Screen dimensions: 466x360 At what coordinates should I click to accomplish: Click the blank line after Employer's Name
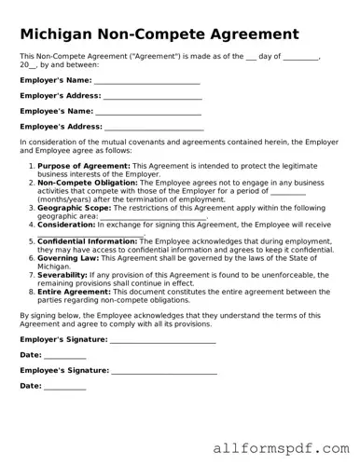click(x=146, y=81)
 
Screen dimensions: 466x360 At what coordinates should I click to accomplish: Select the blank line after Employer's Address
click(x=152, y=96)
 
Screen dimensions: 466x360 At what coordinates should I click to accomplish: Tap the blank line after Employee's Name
click(x=147, y=111)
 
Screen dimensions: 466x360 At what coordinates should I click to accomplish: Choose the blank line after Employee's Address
click(x=153, y=126)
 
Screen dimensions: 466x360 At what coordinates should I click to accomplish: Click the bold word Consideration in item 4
click(x=66, y=224)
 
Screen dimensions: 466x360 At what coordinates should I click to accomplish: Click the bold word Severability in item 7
click(x=65, y=275)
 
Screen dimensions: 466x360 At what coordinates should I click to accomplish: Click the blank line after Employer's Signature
click(x=162, y=340)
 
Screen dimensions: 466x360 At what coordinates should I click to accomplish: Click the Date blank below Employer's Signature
click(x=64, y=356)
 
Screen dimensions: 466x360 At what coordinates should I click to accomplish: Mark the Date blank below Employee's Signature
click(x=64, y=387)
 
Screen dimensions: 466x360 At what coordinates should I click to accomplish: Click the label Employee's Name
click(x=57, y=111)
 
